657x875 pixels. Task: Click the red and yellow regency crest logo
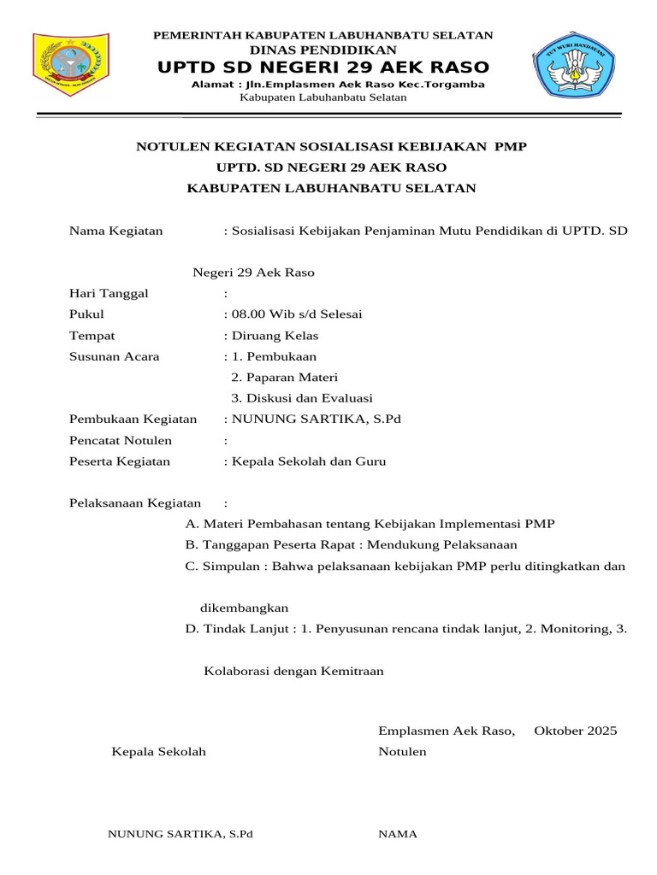coord(71,66)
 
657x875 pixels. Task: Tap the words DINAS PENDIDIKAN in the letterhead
coord(323,50)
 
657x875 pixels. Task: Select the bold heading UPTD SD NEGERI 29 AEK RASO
coord(323,68)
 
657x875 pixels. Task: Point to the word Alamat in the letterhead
coord(211,85)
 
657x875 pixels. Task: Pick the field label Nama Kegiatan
coord(115,231)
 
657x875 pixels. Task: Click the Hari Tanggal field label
coord(109,294)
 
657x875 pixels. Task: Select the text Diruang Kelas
coord(275,336)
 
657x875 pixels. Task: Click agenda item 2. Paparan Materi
coord(285,378)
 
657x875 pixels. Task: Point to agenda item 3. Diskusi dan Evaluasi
coord(302,398)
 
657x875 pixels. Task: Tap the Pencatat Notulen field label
coord(121,441)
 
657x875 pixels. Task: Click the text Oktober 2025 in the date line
coord(575,731)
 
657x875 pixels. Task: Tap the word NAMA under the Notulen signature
coord(398,834)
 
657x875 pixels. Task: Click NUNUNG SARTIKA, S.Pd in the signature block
coord(181,834)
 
